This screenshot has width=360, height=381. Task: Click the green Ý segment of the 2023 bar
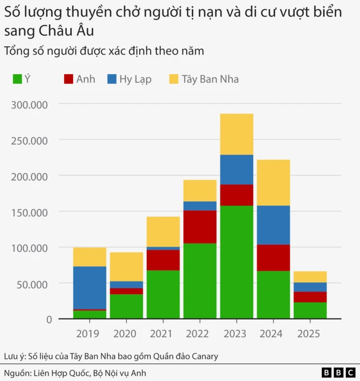(x=236, y=262)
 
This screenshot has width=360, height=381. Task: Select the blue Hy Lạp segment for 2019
(x=89, y=288)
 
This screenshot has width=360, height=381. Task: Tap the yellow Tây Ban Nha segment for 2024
(x=273, y=183)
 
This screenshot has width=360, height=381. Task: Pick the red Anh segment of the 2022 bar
(x=200, y=227)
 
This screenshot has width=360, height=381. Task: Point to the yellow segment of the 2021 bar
(x=163, y=232)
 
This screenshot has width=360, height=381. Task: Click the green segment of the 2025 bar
(x=310, y=310)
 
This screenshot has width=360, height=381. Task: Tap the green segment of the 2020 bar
(x=127, y=306)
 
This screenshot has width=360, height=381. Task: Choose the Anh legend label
(x=85, y=79)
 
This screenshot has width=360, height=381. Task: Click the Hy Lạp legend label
(x=135, y=79)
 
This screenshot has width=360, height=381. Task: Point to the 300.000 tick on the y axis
(x=33, y=105)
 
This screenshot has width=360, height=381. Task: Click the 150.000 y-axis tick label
(x=33, y=212)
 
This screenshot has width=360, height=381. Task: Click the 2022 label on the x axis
(x=200, y=333)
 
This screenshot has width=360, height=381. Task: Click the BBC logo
(x=338, y=373)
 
